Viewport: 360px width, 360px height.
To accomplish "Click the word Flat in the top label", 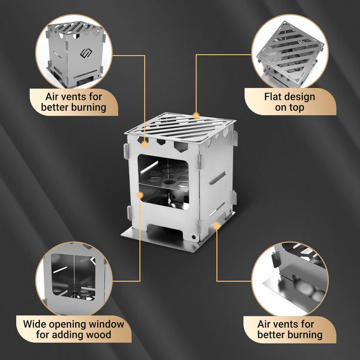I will coord(273,97).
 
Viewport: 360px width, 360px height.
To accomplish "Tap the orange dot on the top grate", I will coord(196,115).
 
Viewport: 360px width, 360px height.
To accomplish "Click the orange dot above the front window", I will coord(144,144).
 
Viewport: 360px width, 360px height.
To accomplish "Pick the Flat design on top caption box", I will coord(290,102).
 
